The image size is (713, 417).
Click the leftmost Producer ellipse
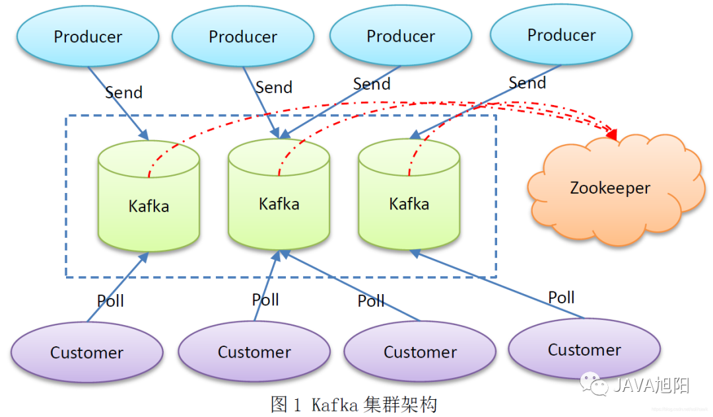click(x=88, y=36)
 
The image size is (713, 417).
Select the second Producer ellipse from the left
click(x=243, y=36)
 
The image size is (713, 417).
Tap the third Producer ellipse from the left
click(x=401, y=36)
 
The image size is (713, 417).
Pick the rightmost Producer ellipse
click(x=561, y=35)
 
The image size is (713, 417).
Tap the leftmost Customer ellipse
click(x=86, y=352)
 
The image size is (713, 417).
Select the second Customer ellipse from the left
click(x=254, y=352)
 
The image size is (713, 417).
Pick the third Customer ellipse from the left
click(x=420, y=352)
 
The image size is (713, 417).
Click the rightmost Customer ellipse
click(x=584, y=350)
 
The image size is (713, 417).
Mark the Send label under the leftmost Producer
click(x=123, y=92)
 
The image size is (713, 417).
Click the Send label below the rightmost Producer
click(x=527, y=83)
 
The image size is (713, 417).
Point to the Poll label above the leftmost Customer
click(x=110, y=301)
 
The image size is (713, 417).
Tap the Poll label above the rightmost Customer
click(x=561, y=297)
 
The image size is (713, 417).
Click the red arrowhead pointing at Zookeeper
click(x=611, y=135)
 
